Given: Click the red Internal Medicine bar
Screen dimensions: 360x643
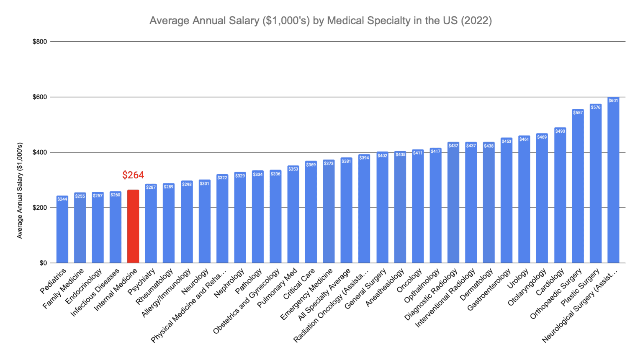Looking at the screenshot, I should pos(133,226).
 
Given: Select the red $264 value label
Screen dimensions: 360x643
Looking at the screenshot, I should pos(133,175).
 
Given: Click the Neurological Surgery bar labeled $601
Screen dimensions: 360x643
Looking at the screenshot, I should pos(613,180).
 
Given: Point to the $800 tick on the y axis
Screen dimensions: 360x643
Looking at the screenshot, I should pos(40,42).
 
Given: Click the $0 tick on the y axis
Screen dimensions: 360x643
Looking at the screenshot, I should pos(43,263).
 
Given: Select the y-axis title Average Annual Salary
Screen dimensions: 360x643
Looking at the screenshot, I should pos(20,191).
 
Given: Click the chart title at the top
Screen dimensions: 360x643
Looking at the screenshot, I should pos(321,21).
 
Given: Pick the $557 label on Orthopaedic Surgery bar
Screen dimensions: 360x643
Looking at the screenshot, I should pos(578,113).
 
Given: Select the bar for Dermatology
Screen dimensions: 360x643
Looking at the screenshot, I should pos(489,203).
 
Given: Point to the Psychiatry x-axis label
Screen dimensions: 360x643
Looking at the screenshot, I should pos(142,281).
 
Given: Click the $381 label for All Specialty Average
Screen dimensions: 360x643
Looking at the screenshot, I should pos(346,161).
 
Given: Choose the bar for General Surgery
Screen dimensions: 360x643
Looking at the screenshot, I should pos(382,207).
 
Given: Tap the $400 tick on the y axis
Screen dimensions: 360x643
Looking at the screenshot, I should pos(40,152).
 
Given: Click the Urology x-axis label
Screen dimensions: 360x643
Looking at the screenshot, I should pos(518,279).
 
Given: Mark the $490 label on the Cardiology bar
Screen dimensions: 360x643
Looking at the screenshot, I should pos(560,131).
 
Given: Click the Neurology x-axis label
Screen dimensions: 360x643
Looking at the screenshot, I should pos(195,282).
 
